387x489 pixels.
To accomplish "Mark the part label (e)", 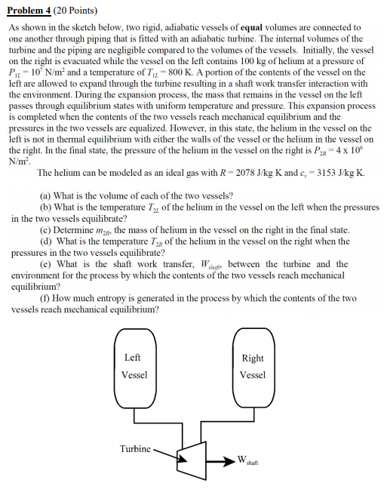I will click(x=45, y=263).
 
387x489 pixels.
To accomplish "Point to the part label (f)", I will click(x=44, y=298).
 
